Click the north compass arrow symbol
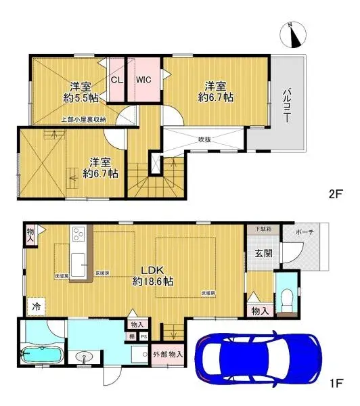click(295, 34)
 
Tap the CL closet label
click(116, 80)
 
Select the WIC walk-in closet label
click(143, 80)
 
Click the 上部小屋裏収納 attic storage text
click(83, 120)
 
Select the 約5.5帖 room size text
click(81, 98)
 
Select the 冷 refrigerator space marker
click(34, 306)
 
